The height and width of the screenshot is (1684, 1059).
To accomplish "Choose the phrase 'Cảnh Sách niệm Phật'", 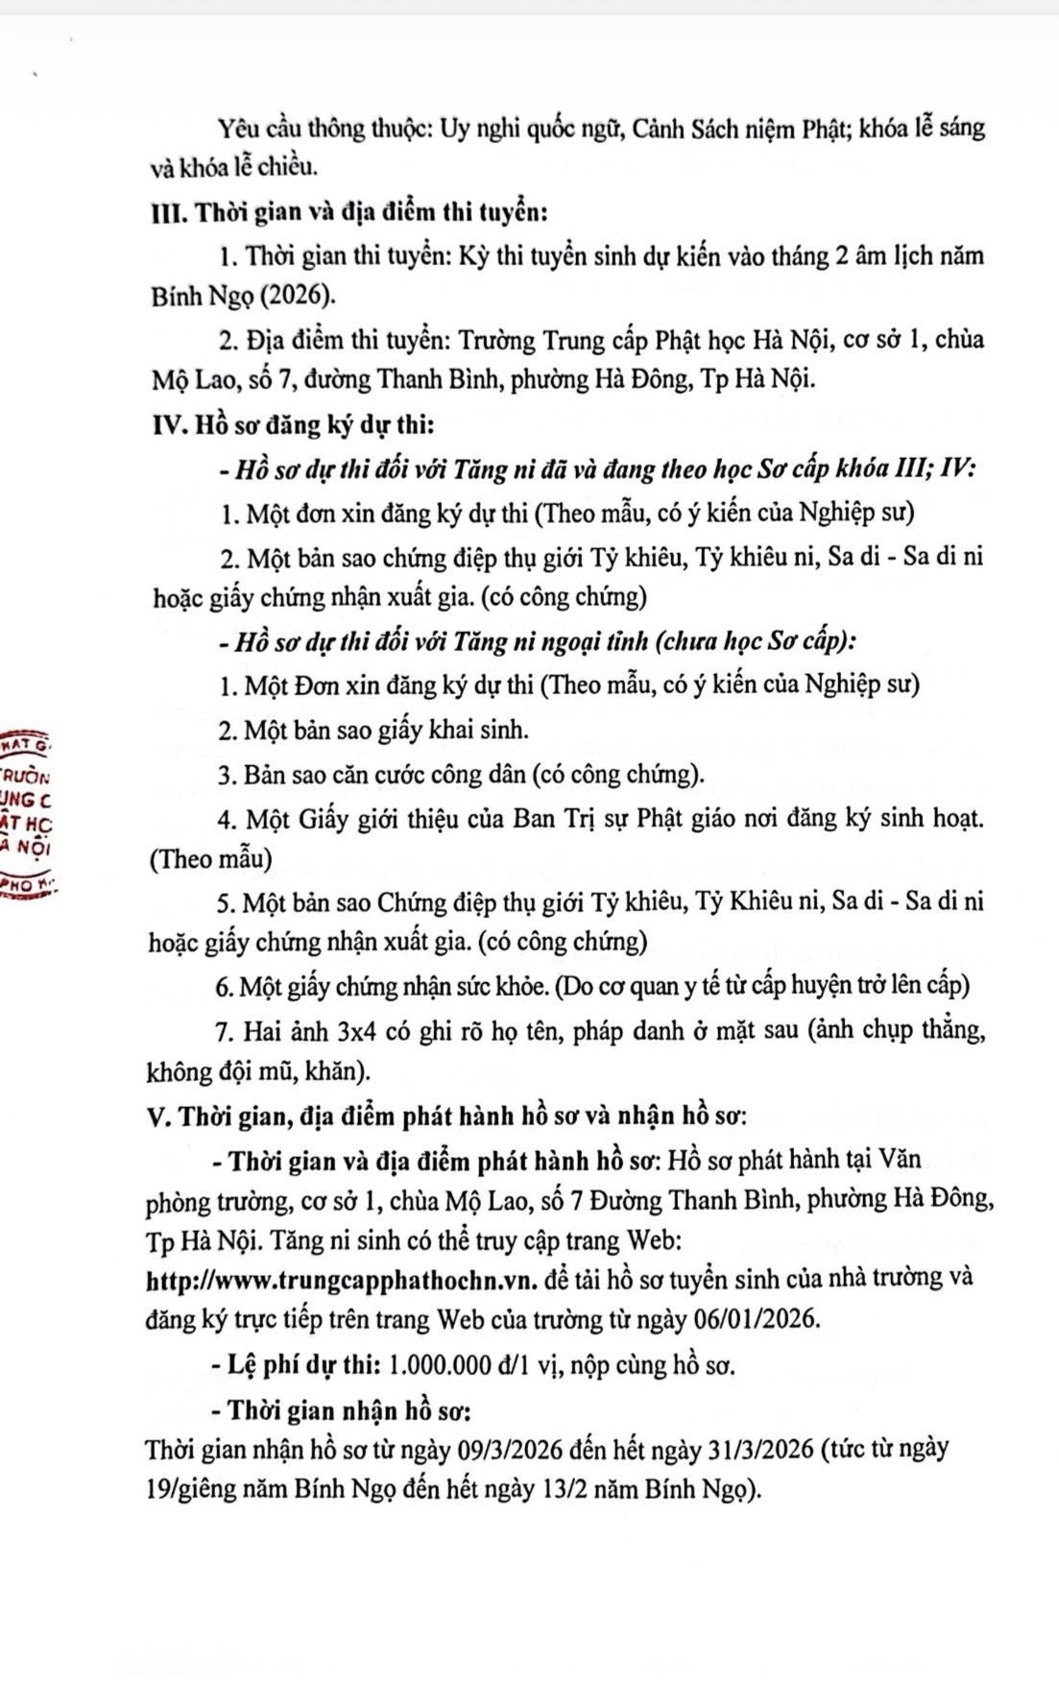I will click(x=742, y=129).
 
